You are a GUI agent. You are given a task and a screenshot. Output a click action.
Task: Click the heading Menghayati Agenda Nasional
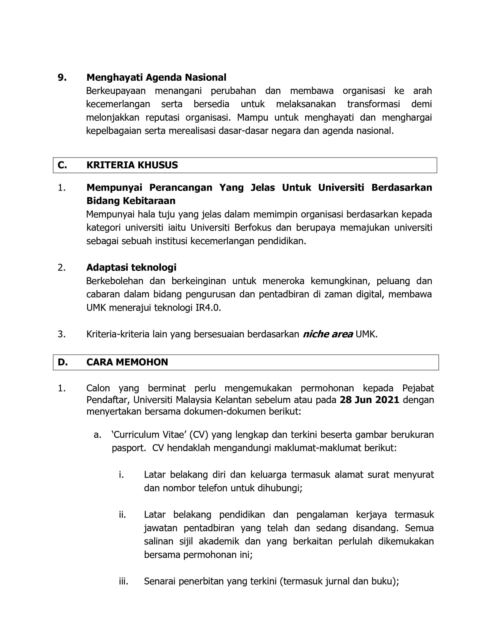pos(156,78)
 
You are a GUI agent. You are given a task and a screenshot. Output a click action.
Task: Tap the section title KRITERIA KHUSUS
pos(132,165)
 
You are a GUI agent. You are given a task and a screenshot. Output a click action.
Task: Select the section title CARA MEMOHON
pos(127,362)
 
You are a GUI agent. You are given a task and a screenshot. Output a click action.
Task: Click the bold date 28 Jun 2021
pos(370,400)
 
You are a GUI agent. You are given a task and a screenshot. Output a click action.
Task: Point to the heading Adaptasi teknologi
pos(131,267)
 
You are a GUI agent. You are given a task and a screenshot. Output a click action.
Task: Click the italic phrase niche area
pos(328,334)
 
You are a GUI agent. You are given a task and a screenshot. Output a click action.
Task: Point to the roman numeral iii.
pos(123,581)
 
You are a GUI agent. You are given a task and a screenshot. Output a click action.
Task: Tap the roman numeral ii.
pos(122,515)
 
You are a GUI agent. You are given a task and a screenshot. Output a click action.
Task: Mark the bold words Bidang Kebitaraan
pos(131,201)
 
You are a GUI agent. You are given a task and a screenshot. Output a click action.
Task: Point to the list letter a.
pos(97,435)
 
